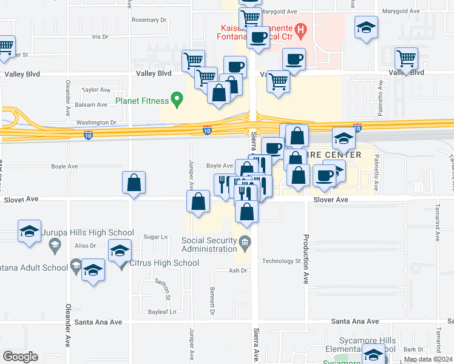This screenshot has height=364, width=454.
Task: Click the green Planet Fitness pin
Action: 177,98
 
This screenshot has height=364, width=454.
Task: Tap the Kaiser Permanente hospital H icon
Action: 300,29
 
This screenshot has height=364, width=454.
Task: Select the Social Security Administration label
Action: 209,244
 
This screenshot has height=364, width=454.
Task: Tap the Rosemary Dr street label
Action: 149,20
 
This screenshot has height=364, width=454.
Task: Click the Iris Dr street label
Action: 100,36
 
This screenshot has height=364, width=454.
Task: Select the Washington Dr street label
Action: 96,123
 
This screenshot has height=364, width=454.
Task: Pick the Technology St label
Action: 281,261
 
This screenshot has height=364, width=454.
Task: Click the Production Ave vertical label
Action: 306,260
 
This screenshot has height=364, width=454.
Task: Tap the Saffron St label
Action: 166,291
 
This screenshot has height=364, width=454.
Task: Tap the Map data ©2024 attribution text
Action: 427,359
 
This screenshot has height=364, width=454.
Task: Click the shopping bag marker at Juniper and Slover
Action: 198,202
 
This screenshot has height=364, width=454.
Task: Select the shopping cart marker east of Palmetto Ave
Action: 406,58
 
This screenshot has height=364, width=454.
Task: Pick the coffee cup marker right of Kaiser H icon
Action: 294,59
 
